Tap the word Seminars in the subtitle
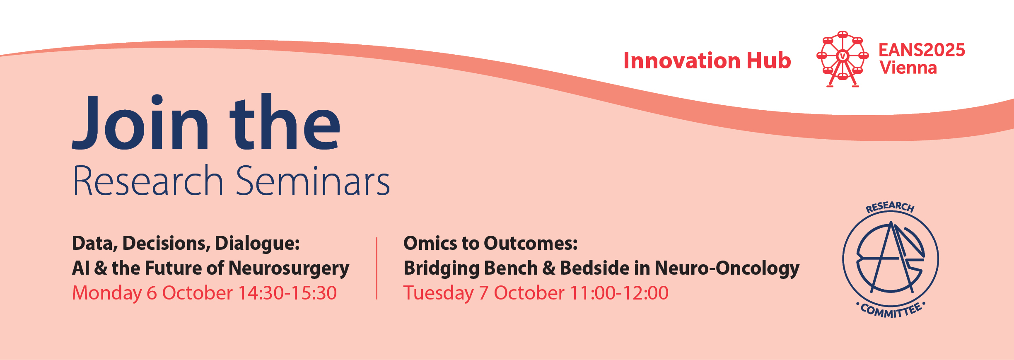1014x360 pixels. click(313, 181)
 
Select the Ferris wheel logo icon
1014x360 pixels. click(843, 59)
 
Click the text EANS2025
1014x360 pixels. click(922, 50)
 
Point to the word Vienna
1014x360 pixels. click(908, 68)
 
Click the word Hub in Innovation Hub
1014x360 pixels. click(769, 60)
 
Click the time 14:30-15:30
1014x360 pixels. click(287, 293)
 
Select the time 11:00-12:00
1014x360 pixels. click(619, 293)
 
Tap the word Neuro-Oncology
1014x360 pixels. click(727, 269)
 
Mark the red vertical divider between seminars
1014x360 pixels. click(377, 268)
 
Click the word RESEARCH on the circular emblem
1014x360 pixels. click(890, 207)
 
